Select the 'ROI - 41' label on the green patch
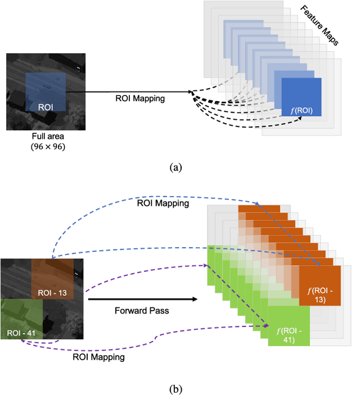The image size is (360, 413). [21, 333]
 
